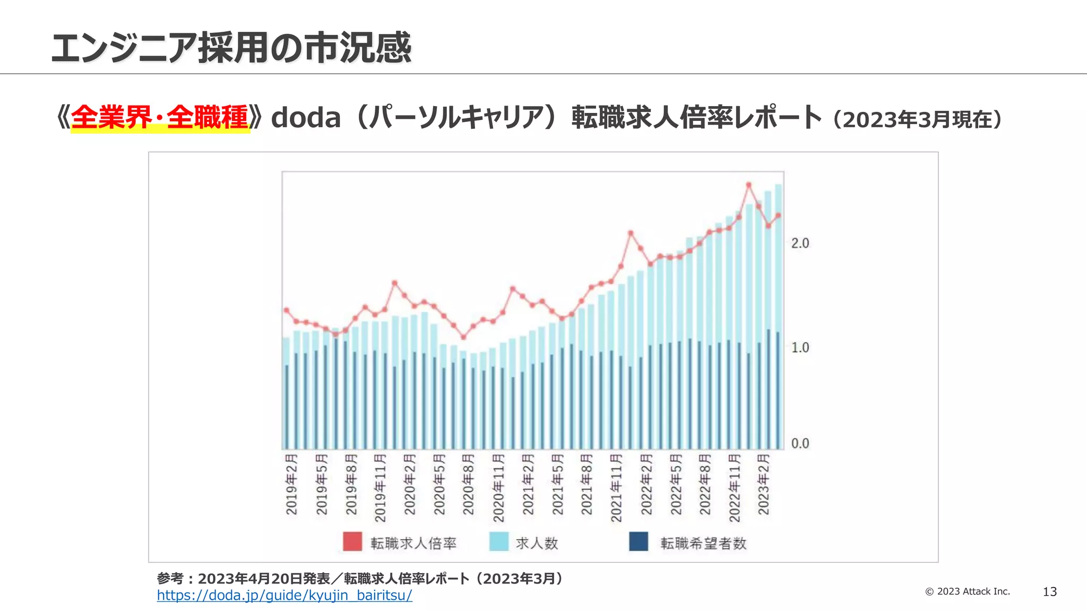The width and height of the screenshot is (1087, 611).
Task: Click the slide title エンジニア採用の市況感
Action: (x=231, y=48)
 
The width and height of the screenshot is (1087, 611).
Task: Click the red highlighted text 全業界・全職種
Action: (x=160, y=118)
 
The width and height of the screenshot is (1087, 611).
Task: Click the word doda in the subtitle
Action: (x=306, y=118)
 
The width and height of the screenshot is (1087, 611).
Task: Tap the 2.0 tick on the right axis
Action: (x=800, y=243)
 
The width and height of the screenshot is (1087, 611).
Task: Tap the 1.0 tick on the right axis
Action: (x=800, y=348)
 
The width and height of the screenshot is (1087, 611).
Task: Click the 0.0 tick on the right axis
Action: (x=800, y=443)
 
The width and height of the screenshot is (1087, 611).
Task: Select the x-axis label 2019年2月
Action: (x=291, y=484)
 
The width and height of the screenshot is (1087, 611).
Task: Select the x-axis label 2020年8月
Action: (x=468, y=484)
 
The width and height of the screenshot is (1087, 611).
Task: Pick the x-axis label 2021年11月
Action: (x=616, y=487)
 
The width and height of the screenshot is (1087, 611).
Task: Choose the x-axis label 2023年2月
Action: (x=763, y=484)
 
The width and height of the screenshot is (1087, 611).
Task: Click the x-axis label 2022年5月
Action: (x=675, y=484)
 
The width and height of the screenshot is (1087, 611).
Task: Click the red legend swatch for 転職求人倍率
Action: (x=352, y=542)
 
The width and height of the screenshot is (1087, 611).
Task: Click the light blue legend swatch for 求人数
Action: (x=498, y=542)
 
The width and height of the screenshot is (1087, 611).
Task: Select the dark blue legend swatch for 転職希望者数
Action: (x=639, y=542)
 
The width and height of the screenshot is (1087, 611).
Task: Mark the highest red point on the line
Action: (x=749, y=185)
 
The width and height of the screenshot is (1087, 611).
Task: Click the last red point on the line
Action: (x=778, y=215)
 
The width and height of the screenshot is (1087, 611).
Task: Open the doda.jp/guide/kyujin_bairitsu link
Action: (x=284, y=596)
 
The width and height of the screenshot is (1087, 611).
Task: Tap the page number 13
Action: (x=1049, y=592)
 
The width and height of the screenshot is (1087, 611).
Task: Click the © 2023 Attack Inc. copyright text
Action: (x=968, y=591)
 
